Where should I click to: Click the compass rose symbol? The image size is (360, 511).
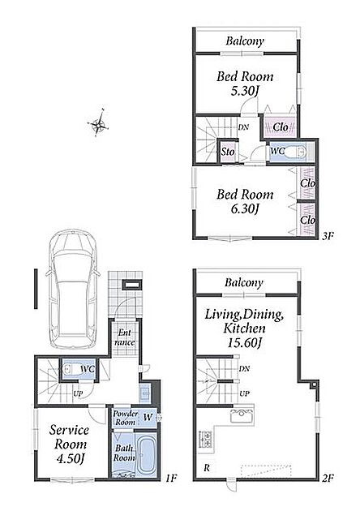coord(98,123)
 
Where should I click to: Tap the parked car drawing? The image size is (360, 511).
coord(73,289)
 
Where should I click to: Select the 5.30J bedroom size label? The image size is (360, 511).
coord(244,92)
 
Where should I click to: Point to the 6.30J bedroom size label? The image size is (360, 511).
coord(244,209)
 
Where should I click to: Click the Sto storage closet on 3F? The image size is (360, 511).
coord(228,152)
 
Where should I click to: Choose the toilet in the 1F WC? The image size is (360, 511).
coord(69,369)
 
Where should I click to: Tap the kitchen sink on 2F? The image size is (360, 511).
coord(242,416)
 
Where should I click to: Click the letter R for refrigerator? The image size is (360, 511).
coord(207,468)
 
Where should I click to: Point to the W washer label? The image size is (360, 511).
coord(148,417)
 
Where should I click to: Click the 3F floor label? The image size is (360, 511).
coord(328,236)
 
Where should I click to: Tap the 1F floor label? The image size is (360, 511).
coord(171,479)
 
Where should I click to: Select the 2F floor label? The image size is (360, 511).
coord(328,479)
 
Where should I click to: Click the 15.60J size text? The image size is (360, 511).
coord(244,342)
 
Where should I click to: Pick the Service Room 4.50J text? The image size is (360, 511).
coord(70,444)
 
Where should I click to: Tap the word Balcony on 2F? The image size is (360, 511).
coord(244,282)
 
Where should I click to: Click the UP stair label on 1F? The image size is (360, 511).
coord(78,393)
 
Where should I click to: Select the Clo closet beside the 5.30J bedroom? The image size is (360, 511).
coord(281,127)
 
